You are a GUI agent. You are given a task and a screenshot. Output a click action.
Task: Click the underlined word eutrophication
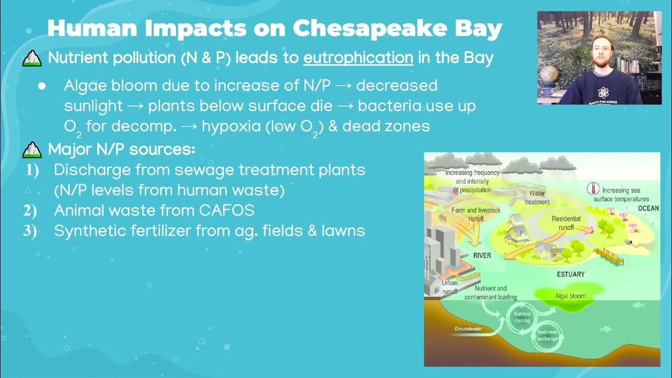click(x=358, y=58)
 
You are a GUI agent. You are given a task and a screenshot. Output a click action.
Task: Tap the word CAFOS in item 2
click(x=227, y=211)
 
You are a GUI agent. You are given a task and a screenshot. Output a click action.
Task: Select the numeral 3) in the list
click(x=30, y=231)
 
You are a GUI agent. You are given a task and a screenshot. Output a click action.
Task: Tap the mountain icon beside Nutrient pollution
click(x=32, y=59)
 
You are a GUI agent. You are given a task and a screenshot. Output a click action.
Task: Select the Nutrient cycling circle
click(x=522, y=318)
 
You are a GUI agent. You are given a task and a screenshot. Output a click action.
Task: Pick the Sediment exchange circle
click(x=547, y=335)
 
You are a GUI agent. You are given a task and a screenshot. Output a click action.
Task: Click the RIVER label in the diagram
click(x=482, y=256)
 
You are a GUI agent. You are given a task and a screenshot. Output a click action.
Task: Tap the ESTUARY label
click(x=570, y=274)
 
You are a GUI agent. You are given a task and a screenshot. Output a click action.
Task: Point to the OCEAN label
click(x=648, y=208)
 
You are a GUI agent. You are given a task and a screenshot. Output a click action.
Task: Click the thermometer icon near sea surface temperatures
click(x=593, y=189)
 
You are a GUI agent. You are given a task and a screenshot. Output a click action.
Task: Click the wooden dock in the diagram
click(x=611, y=257)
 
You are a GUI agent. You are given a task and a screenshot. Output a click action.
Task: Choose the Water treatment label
click(x=537, y=197)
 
